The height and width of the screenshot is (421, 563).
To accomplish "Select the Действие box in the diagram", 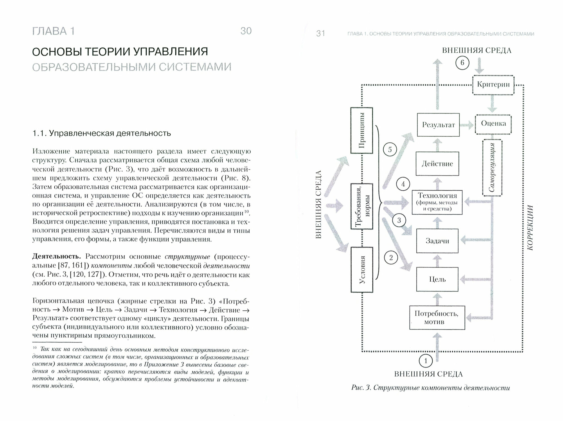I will pyautogui.click(x=437, y=164).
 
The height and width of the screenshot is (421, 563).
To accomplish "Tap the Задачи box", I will pyautogui.click(x=437, y=241).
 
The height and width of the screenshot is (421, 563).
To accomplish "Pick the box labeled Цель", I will pyautogui.click(x=437, y=279).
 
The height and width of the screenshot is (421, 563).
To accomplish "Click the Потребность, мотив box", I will pyautogui.click(x=437, y=317).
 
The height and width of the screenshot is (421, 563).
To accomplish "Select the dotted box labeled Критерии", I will pyautogui.click(x=493, y=84).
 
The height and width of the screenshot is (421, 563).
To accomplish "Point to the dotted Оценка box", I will pyautogui.click(x=493, y=124).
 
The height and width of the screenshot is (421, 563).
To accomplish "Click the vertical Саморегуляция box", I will pyautogui.click(x=492, y=167).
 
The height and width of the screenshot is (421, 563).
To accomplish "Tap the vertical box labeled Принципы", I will pyautogui.click(x=362, y=130).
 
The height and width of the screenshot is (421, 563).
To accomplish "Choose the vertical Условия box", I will pyautogui.click(x=362, y=269).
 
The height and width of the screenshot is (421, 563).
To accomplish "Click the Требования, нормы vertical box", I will pyautogui.click(x=362, y=207).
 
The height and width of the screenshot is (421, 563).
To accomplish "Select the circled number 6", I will pyautogui.click(x=462, y=63).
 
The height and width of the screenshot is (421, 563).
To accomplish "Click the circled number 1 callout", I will pyautogui.click(x=426, y=361).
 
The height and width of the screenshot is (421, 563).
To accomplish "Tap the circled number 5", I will pyautogui.click(x=390, y=150).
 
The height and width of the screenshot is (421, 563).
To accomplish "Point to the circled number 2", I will pyautogui.click(x=391, y=258).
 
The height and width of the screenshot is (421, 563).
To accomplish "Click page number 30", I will pyautogui.click(x=246, y=31).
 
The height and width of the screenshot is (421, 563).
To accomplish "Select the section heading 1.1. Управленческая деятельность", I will pyautogui.click(x=102, y=133).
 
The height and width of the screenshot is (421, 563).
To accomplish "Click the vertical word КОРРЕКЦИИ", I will pyautogui.click(x=530, y=228).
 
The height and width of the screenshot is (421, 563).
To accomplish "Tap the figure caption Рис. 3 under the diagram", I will pyautogui.click(x=430, y=388).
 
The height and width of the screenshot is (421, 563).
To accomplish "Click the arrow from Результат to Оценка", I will pyautogui.click(x=467, y=125).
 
